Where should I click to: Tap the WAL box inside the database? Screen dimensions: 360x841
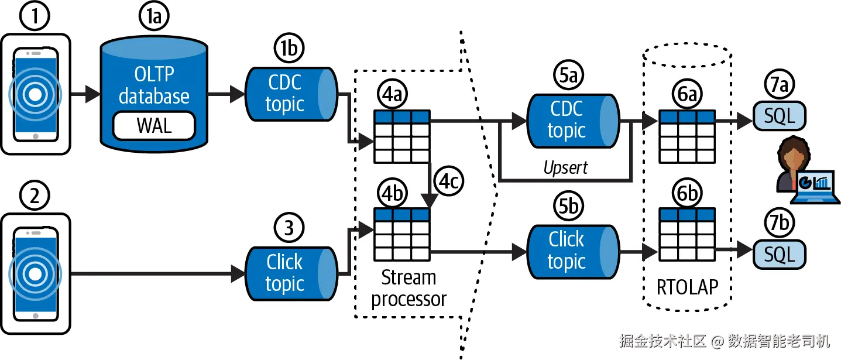click(x=154, y=126)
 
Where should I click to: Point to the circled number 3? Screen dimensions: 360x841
click(x=288, y=228)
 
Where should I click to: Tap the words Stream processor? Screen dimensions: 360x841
click(x=409, y=288)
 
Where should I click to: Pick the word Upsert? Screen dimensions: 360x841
click(x=565, y=168)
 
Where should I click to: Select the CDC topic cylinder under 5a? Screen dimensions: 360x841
click(x=572, y=120)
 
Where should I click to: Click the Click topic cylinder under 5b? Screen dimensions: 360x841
click(x=572, y=251)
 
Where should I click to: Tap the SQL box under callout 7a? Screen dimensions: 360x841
click(x=779, y=116)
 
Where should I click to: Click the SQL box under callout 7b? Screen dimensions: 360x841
click(x=779, y=254)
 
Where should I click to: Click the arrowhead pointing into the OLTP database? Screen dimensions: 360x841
click(x=93, y=94)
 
